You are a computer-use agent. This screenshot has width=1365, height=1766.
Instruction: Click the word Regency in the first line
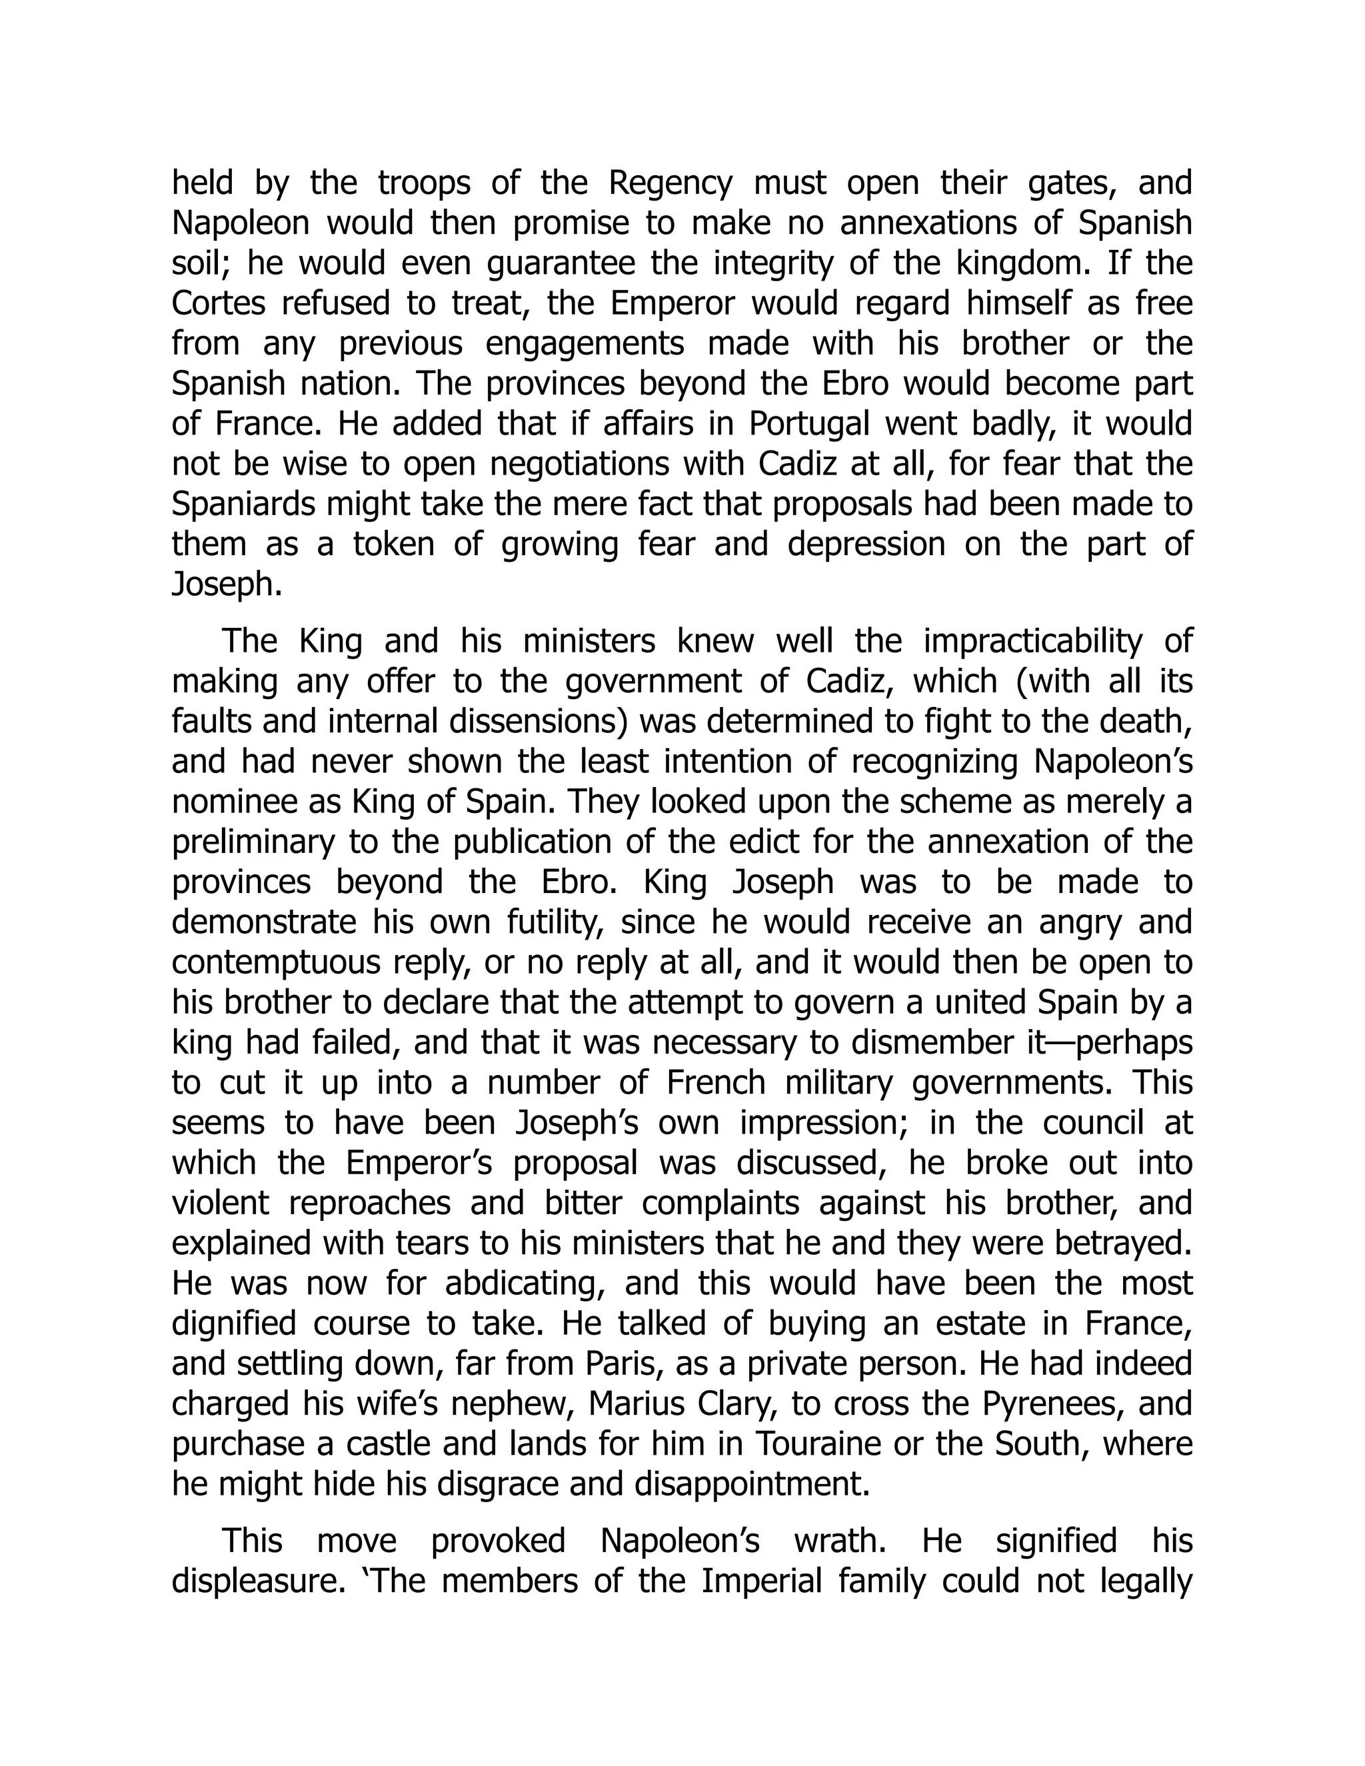[x=670, y=183]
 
